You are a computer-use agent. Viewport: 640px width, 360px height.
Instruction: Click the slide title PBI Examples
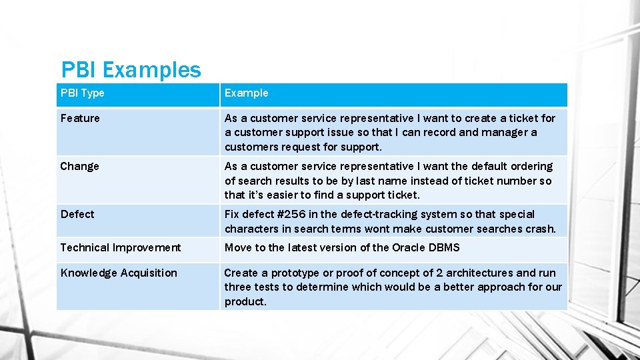[x=131, y=69]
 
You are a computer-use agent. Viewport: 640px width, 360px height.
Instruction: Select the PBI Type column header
[x=83, y=93]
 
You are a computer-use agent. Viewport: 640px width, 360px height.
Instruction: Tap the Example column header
[x=247, y=93]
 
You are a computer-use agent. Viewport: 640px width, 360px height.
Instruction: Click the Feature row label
[x=80, y=119]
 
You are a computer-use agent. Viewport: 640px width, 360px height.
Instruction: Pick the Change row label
[x=79, y=167]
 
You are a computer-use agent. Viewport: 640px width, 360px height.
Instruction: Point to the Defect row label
[x=77, y=215]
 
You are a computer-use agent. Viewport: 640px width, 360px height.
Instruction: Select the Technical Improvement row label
[x=121, y=248]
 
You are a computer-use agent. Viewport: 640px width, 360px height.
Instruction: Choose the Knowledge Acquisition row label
[x=119, y=273]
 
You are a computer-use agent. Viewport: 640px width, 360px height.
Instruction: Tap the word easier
[x=274, y=195]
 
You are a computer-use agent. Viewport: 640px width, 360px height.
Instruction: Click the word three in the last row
[x=238, y=287]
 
